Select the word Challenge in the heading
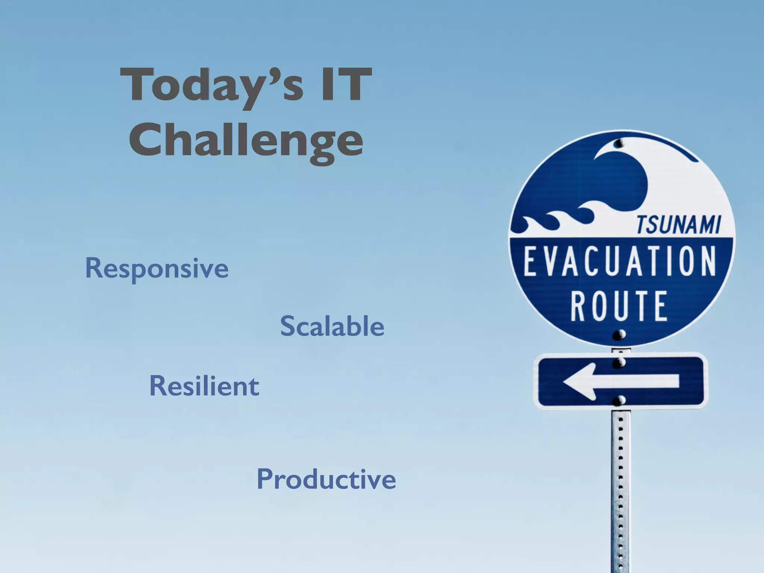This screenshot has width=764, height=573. pyautogui.click(x=246, y=141)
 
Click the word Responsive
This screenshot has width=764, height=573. pyautogui.click(x=157, y=269)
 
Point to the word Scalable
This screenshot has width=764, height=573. pyautogui.click(x=332, y=326)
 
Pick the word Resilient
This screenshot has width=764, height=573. pyautogui.click(x=204, y=386)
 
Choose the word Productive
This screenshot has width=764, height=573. pyautogui.click(x=326, y=479)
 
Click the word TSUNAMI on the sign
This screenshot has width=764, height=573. pyautogui.click(x=678, y=225)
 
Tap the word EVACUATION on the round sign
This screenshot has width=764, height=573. pyautogui.click(x=620, y=261)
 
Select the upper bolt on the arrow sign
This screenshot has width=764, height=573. pyautogui.click(x=619, y=362)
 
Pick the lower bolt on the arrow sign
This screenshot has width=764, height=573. pyautogui.click(x=620, y=401)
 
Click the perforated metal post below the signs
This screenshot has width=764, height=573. pyautogui.click(x=621, y=485)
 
